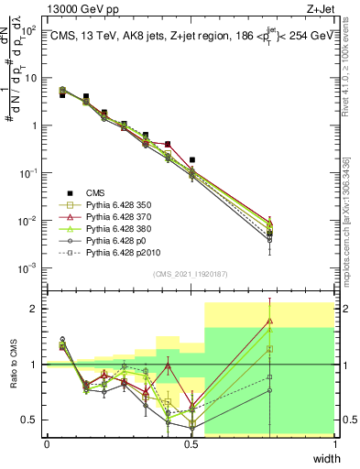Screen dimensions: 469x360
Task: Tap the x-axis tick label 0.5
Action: (x=191, y=444)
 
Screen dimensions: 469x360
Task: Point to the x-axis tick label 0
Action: (x=48, y=444)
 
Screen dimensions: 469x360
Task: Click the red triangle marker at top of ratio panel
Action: (x=269, y=321)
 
